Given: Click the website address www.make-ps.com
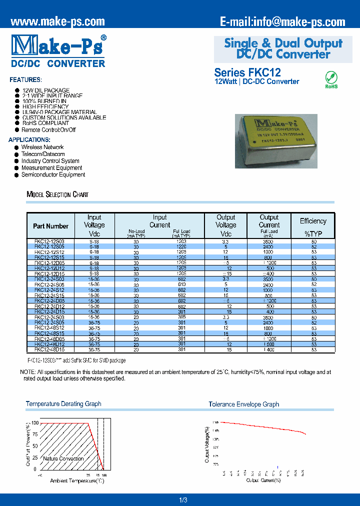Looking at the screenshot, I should click(57, 21).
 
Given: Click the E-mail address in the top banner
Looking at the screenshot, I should click(282, 21).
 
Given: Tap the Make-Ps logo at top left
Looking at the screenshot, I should click(58, 46).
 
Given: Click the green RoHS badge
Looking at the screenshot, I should click(331, 79).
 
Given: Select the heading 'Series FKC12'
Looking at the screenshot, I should click(247, 72).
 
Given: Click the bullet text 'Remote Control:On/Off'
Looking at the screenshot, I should click(48, 130).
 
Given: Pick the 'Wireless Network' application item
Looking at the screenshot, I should click(42, 147).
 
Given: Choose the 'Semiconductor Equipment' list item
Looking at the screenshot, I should click(53, 175).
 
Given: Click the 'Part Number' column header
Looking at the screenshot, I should click(50, 226).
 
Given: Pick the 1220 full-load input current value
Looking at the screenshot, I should click(181, 247).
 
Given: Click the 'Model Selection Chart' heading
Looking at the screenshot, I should click(57, 194).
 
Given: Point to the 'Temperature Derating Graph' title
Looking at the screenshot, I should click(63, 404).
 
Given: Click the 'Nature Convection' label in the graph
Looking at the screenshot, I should click(63, 458).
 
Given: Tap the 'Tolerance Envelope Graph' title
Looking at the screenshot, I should click(243, 404).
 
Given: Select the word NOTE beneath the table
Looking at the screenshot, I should click(27, 372).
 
